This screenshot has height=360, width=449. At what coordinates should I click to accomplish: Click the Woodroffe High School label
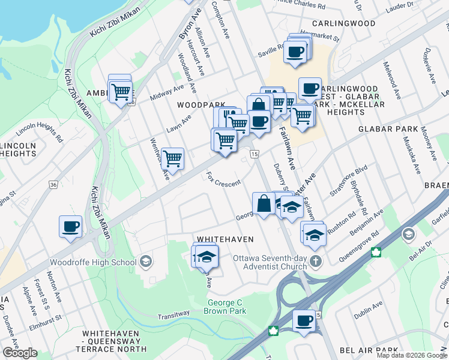pos(93,262)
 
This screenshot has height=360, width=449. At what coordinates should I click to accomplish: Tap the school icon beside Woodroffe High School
pos(145,262)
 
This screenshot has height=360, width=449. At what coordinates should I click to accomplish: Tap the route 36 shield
pos(54,185)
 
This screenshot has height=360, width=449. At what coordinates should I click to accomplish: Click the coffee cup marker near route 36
pos(70,227)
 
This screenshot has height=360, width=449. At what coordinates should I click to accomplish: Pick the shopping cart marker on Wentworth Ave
pos(173,158)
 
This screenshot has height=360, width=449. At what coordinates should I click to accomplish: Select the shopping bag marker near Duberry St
pos(264,203)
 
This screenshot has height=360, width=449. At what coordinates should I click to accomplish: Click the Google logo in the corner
pos(20,353)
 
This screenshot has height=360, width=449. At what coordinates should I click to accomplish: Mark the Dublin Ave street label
pos(368,306)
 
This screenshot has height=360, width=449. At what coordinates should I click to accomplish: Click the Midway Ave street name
pos(167,92)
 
